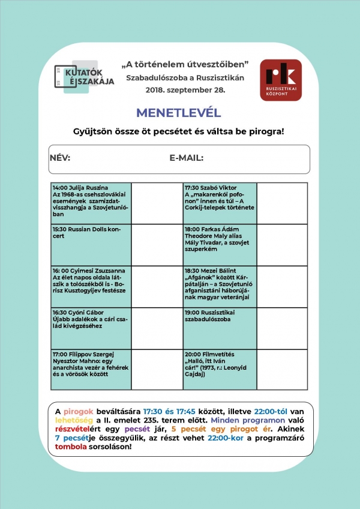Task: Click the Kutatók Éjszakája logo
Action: (x=84, y=78)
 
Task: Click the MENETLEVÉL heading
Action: (x=179, y=113)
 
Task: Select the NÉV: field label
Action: (x=60, y=158)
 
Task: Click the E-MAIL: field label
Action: (x=187, y=158)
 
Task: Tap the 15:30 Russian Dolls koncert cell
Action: (x=91, y=245)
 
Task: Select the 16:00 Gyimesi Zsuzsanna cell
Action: (x=91, y=286)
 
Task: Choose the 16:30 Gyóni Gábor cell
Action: (x=91, y=328)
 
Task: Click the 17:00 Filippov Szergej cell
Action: (x=91, y=369)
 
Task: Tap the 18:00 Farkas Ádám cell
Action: (x=220, y=245)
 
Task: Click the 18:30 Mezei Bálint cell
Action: (x=220, y=286)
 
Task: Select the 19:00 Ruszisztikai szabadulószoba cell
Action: (x=220, y=328)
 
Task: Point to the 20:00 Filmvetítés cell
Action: (x=220, y=369)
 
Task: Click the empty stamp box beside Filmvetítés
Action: (x=282, y=369)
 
